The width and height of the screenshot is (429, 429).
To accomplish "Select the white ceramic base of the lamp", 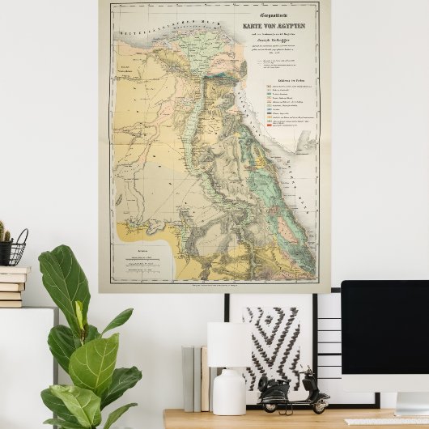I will [229, 392].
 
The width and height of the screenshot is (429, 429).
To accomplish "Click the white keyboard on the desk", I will [380, 422].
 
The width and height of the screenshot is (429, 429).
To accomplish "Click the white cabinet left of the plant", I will [24, 364].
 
